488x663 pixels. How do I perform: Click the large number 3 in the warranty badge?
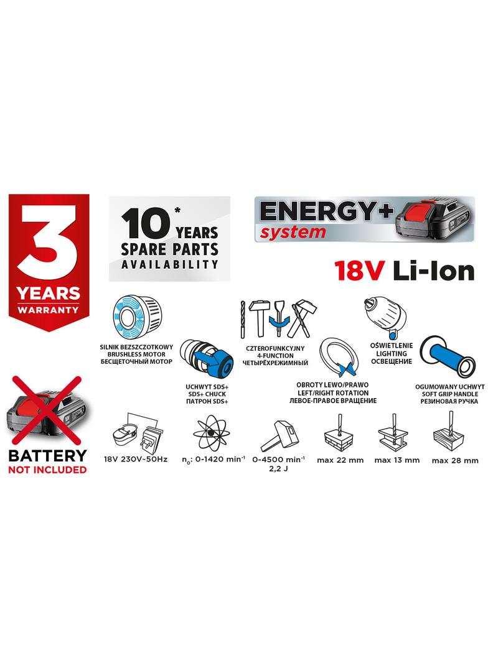click(48, 240)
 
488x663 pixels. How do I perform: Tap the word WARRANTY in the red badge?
click(48, 309)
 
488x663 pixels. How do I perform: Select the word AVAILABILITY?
click(170, 264)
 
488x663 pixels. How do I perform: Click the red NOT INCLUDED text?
click(47, 470)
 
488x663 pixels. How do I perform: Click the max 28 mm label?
click(454, 460)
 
